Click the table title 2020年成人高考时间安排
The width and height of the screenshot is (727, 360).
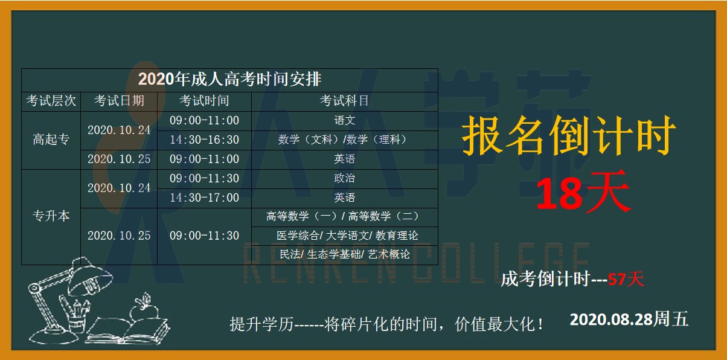tap(229, 79)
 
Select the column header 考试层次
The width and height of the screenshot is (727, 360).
tap(51, 101)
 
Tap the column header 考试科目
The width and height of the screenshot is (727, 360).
tap(344, 101)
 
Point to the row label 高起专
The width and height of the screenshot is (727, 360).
tap(51, 140)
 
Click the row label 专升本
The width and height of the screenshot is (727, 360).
tap(51, 216)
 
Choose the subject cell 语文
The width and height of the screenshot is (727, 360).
tap(345, 120)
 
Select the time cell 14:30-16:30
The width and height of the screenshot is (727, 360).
tap(205, 140)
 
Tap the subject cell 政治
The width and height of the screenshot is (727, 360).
tap(345, 178)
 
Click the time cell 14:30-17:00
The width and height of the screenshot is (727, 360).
tap(205, 198)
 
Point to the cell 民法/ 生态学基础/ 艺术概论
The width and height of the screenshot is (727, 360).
tap(345, 254)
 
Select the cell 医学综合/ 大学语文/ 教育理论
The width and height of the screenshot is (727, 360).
tap(347, 236)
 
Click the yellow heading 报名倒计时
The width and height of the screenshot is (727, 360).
tap(569, 135)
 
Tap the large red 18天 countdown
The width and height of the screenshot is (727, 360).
tap(583, 191)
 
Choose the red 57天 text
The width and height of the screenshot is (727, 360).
tap(626, 279)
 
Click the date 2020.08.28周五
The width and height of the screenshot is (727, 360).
tap(629, 319)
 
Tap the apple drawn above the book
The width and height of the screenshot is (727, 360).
tap(144, 309)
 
